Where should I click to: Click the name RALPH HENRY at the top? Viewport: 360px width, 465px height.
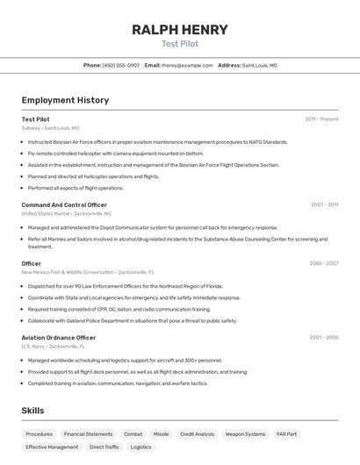(180, 29)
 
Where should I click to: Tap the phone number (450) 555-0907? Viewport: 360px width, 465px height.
(121, 65)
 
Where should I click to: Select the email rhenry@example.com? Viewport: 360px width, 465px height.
(187, 65)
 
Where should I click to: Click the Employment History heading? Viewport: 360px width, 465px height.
(65, 100)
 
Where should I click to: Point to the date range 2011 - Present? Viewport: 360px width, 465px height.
(321, 119)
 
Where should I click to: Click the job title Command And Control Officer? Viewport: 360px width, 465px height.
(64, 204)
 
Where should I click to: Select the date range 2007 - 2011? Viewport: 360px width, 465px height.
(324, 204)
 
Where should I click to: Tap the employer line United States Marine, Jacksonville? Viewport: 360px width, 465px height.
(67, 213)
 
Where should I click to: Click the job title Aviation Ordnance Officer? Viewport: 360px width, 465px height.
(59, 337)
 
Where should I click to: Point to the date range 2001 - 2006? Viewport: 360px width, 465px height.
(323, 337)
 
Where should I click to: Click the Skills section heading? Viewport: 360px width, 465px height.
(32, 411)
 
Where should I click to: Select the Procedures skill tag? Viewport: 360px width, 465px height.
(40, 433)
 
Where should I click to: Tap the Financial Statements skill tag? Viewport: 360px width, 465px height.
(88, 433)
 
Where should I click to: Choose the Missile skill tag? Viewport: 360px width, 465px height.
(161, 433)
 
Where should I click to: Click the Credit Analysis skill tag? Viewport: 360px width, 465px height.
(197, 433)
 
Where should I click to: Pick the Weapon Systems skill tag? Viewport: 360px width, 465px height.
(245, 433)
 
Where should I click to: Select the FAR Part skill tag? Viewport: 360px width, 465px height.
(286, 433)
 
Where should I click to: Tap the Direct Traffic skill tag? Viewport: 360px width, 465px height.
(104, 447)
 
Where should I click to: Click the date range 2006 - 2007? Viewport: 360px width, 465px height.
(323, 263)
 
